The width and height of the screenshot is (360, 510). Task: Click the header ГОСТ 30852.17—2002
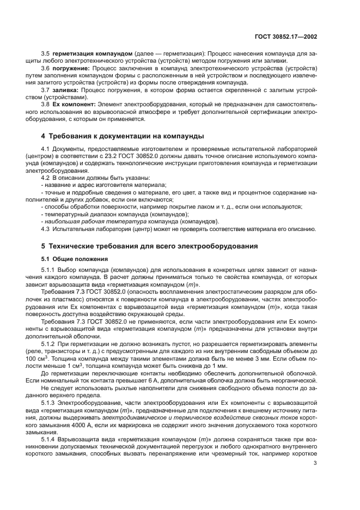(290, 37)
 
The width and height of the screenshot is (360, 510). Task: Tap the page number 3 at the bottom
(315, 463)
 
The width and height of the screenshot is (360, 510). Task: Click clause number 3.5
(45, 54)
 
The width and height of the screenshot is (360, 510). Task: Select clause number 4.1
(45, 148)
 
